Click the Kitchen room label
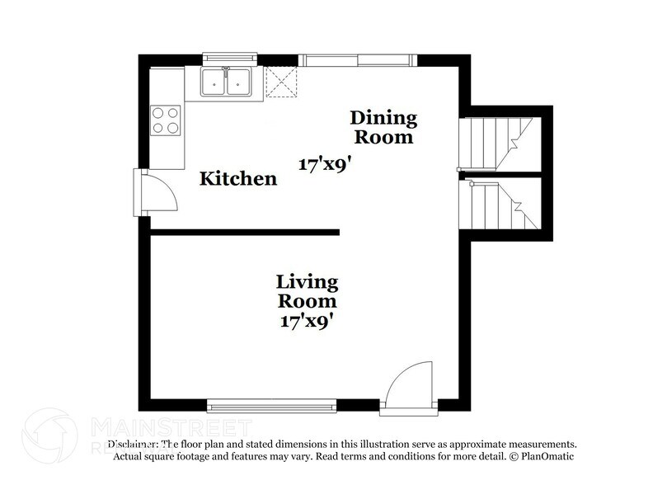click(239, 178)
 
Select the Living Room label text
click(306, 291)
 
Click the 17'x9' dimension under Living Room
click(306, 320)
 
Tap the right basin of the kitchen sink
click(239, 82)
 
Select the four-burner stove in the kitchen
click(165, 120)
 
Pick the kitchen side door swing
click(157, 193)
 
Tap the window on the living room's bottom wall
click(271, 404)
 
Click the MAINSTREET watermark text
click(170, 427)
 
